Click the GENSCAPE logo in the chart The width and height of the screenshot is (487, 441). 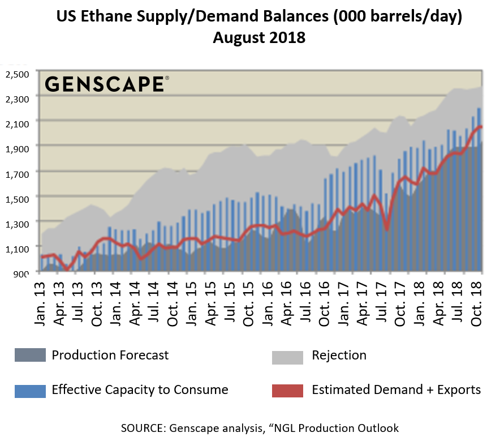[105, 84]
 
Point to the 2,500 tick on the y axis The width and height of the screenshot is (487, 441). [16, 74]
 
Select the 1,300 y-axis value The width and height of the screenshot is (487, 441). [16, 223]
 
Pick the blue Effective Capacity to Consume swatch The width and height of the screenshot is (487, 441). [30, 391]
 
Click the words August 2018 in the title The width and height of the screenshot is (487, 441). [259, 38]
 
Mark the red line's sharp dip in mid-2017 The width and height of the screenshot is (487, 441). [386, 229]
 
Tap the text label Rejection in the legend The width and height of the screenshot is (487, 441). [339, 356]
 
